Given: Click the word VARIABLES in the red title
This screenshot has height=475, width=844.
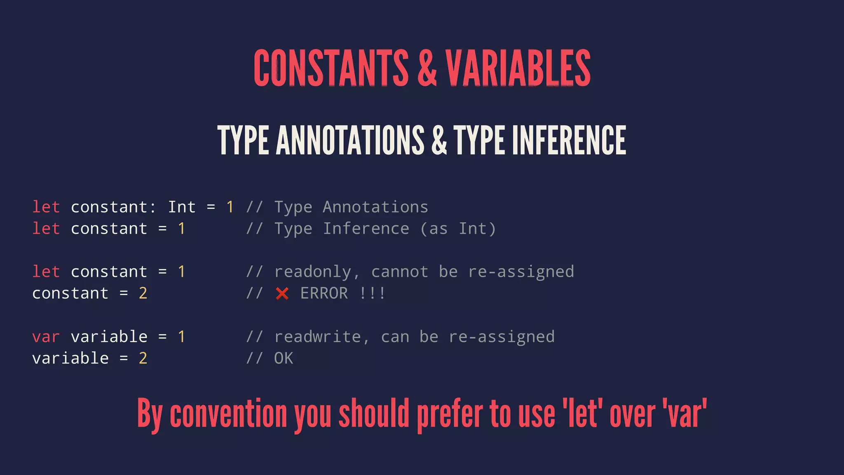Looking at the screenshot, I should click(518, 68).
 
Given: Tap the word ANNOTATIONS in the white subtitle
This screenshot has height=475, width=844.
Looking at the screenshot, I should click(350, 141).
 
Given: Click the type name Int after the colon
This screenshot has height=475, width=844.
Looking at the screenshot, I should click(181, 207).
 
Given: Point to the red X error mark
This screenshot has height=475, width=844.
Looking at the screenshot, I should click(282, 294).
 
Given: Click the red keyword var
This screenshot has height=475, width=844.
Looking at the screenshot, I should click(46, 337).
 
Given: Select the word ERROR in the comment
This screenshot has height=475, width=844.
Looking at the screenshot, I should click(324, 294).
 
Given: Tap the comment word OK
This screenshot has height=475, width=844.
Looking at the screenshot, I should click(284, 358).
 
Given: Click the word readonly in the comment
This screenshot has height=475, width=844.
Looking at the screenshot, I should click(312, 272).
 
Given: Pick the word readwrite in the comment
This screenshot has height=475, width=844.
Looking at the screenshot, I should click(317, 337).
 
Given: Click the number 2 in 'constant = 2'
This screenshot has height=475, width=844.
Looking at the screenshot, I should click(143, 294).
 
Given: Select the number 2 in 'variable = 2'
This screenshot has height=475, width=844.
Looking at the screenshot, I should click(143, 358).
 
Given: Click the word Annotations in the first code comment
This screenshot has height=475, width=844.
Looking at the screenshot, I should click(375, 207).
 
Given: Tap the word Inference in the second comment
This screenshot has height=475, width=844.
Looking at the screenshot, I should click(366, 229).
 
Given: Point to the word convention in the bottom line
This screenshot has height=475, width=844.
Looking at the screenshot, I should click(228, 414).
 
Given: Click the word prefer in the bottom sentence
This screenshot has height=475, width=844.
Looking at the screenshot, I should click(450, 414).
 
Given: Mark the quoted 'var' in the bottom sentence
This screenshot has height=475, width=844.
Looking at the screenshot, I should click(685, 414).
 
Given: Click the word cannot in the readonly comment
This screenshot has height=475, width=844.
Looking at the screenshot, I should click(399, 272).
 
